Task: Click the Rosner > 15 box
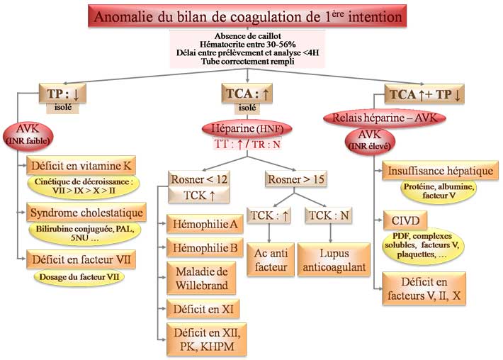tap(296, 179)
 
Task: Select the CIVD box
tap(402, 216)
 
